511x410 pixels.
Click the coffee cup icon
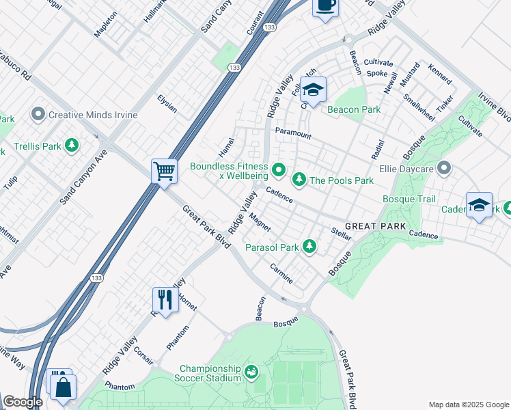(x=326, y=6)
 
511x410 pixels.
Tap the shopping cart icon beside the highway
(x=165, y=170)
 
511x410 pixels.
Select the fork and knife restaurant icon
(x=165, y=299)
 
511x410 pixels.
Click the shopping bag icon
(x=63, y=387)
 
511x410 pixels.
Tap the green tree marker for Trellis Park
(x=71, y=145)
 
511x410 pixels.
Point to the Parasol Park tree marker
(x=309, y=246)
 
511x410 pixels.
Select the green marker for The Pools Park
(x=299, y=180)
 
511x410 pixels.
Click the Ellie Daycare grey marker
(x=445, y=167)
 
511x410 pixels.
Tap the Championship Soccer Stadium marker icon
(x=251, y=372)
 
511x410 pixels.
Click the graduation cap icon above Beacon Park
(x=312, y=90)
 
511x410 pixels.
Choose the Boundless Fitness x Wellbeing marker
(x=278, y=169)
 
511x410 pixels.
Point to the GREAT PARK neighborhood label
(x=375, y=225)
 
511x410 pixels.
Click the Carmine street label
(x=281, y=273)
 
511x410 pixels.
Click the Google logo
(x=23, y=402)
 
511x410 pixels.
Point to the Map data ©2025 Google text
(x=468, y=405)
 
